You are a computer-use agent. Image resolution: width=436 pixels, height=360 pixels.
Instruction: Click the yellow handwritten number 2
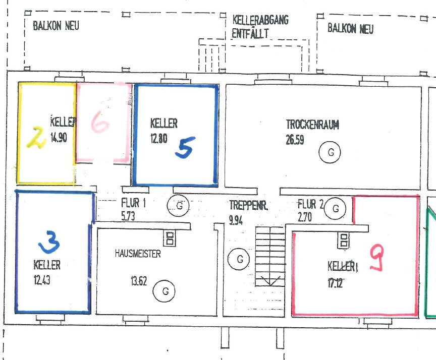click(36, 138)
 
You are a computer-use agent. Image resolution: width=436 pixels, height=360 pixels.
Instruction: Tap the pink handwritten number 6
click(99, 122)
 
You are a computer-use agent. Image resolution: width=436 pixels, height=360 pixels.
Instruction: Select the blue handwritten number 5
click(185, 148)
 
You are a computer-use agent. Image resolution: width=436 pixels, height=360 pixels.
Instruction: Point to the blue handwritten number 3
click(49, 242)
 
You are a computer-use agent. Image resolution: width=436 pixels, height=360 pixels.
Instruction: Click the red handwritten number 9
click(377, 258)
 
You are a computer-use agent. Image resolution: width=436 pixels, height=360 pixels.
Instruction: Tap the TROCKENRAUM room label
click(312, 125)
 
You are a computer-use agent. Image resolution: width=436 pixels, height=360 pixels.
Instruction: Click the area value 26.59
click(295, 140)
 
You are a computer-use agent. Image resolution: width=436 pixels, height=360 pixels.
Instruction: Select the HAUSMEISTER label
click(138, 253)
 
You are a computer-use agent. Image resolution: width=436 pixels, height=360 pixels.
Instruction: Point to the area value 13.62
click(139, 281)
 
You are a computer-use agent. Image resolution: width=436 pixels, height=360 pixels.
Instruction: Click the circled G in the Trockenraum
click(330, 152)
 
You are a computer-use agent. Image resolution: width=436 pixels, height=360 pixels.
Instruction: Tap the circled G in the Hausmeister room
click(164, 291)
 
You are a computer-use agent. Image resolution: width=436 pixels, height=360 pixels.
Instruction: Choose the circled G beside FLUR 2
click(336, 209)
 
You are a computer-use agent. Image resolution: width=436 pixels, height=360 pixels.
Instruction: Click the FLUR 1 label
click(133, 203)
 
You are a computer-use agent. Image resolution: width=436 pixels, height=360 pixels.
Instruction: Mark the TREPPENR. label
click(249, 205)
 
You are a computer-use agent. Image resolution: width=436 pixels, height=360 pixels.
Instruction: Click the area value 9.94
click(236, 220)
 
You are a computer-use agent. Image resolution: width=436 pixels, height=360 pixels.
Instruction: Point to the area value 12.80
click(159, 138)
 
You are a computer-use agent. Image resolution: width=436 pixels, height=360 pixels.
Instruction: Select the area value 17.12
click(335, 283)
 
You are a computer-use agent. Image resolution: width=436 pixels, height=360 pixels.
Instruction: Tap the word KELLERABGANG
click(260, 20)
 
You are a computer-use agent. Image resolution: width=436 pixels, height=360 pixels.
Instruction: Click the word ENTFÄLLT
click(250, 33)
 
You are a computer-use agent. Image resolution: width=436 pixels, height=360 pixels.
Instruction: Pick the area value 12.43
click(42, 280)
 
